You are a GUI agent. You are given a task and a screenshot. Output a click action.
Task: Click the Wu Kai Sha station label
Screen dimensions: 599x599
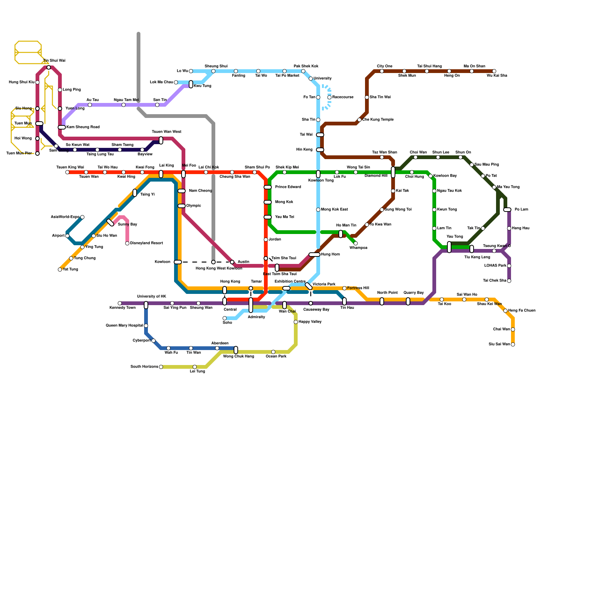coord(497,76)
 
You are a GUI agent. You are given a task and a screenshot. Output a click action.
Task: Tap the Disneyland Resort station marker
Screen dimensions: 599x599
coord(127,243)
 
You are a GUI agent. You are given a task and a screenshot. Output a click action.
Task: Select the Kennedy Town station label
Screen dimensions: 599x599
coord(122,308)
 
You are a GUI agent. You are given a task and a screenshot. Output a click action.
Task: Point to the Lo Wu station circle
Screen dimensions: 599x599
coord(191,71)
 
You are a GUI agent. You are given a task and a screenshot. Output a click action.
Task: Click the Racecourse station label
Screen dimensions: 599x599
coord(343,97)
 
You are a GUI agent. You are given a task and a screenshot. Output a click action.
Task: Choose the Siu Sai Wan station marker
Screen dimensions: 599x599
coord(513,344)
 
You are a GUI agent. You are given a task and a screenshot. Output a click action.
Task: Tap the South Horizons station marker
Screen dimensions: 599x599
coord(161,367)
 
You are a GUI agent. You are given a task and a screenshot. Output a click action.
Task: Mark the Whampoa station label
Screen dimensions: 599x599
coord(358,248)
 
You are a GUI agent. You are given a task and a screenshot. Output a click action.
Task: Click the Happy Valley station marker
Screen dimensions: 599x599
coord(296,322)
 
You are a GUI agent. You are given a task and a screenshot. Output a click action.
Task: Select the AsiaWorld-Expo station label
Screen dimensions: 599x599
coord(65,217)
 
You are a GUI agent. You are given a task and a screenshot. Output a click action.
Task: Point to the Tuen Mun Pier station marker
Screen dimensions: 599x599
coord(37,153)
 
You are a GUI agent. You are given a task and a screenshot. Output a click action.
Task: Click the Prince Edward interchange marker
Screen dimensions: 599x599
coord(268,187)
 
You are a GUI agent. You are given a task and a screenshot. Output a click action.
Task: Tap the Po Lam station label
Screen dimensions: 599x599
coord(521,210)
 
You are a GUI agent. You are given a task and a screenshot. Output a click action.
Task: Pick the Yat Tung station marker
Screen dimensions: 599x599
coord(60,270)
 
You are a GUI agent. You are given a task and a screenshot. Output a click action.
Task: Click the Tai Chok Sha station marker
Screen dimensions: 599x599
coord(509,281)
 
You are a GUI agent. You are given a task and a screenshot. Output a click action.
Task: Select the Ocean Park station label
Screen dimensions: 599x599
coord(276,356)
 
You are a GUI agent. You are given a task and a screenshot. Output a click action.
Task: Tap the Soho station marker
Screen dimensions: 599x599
coord(225,318)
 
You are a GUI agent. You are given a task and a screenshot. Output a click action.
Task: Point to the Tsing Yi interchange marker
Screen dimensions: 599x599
coord(135,193)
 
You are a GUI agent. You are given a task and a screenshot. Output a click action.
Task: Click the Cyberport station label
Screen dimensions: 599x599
coord(142,341)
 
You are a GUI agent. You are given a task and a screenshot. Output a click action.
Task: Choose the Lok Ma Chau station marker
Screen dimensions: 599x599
coord(176,82)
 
